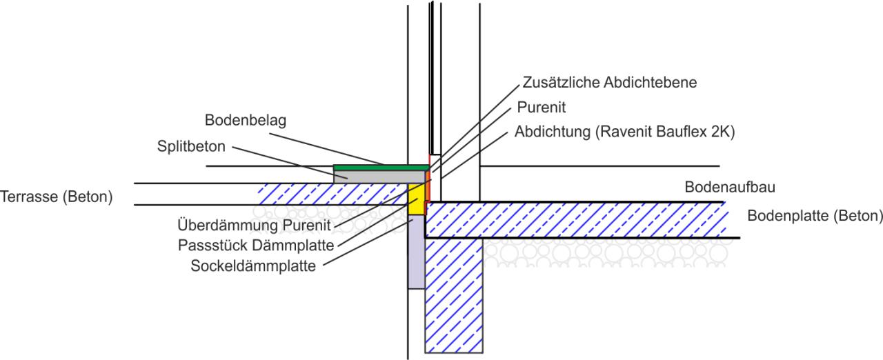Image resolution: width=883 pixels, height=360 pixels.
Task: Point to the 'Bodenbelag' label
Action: pyautogui.click(x=246, y=121)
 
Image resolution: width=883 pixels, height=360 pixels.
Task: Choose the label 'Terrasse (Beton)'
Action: pyautogui.click(x=56, y=196)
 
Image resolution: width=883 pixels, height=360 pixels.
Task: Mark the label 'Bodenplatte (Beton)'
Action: pyautogui.click(x=815, y=216)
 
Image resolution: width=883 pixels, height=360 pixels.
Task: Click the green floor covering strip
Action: pyautogui.click(x=380, y=168)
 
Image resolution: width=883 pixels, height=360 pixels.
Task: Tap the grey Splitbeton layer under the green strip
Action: pyautogui.click(x=373, y=177)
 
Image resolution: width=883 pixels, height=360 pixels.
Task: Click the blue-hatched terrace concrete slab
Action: pyautogui.click(x=331, y=194)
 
